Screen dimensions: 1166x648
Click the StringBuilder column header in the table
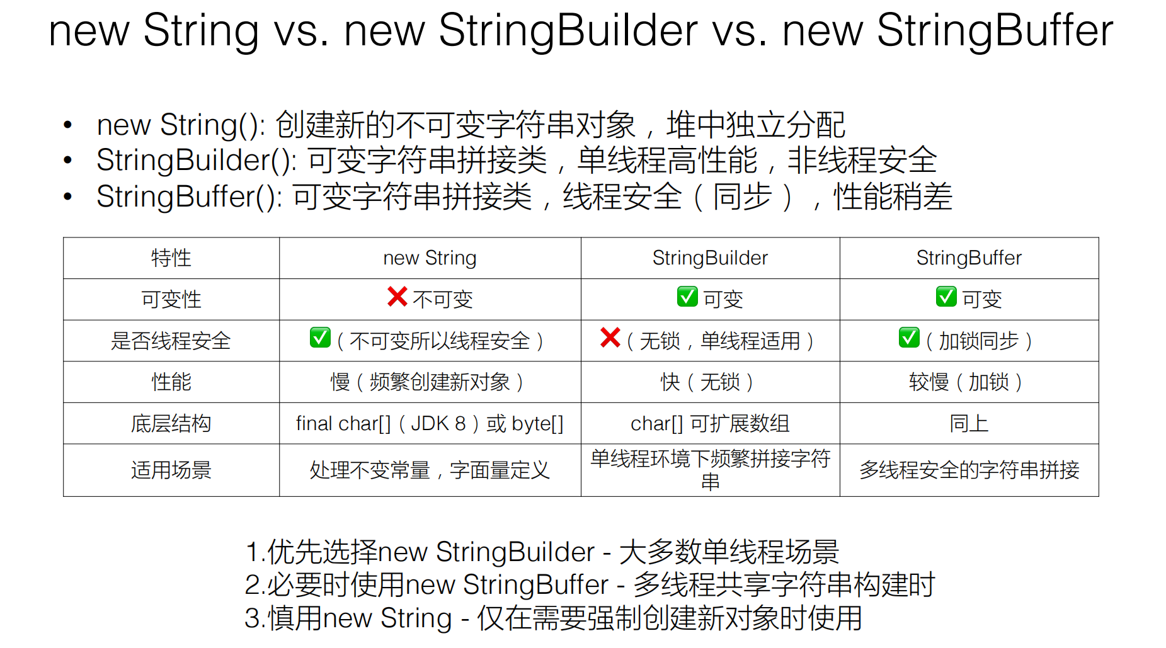coord(710,258)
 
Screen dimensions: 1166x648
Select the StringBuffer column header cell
coord(969,258)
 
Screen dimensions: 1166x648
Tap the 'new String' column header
coord(430,258)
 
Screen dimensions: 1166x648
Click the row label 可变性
coord(171,299)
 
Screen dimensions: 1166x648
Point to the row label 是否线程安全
coord(171,341)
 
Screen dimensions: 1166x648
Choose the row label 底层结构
coord(171,423)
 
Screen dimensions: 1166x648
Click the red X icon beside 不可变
coord(397,296)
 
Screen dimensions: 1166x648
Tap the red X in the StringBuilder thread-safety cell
coord(610,338)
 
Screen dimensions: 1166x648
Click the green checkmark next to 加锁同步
coord(909,338)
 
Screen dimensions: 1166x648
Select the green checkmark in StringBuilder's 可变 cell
coord(687,296)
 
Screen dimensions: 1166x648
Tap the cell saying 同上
coord(969,423)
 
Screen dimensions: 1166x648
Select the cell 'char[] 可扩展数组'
coord(710,423)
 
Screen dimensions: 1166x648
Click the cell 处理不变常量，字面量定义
coord(430,470)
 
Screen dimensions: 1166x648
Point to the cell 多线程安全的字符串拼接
coord(969,470)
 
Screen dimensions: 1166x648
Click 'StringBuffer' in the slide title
coord(995,30)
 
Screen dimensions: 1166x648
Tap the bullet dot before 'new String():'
coord(68,125)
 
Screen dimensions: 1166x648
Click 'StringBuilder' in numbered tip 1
coord(515,552)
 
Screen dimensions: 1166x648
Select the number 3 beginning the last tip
coord(251,618)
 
